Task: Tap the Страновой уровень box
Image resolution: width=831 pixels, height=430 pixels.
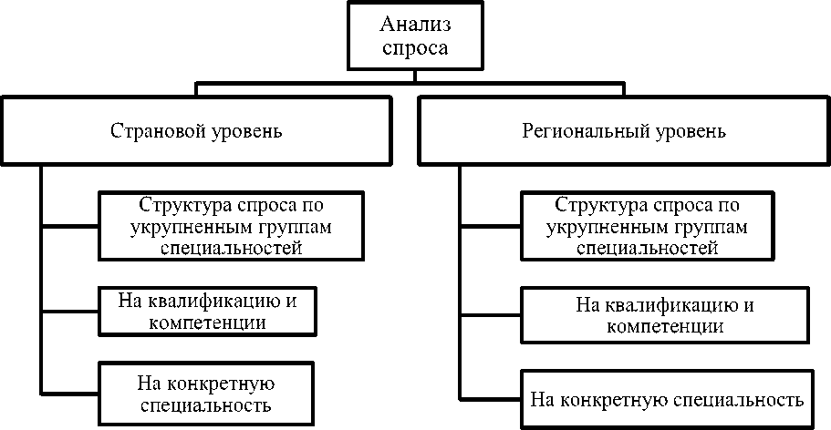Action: [196, 130]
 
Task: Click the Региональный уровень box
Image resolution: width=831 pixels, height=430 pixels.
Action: [625, 130]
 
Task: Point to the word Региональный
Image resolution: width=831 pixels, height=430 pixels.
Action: [578, 130]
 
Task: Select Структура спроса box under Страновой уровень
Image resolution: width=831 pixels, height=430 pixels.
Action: [232, 224]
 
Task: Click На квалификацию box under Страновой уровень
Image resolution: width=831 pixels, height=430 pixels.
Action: [207, 310]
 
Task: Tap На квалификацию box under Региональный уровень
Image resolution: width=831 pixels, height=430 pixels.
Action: [665, 313]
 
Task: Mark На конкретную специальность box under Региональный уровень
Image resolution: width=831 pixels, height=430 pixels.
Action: [667, 399]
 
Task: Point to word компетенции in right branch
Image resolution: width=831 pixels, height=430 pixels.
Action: [665, 325]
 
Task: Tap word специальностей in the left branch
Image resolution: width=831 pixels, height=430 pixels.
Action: [231, 247]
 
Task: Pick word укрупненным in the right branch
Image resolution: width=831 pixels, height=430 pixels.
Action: [599, 226]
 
